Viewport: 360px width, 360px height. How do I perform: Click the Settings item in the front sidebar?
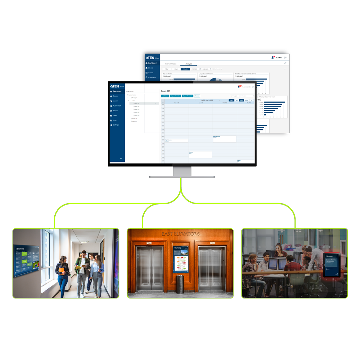(116, 125)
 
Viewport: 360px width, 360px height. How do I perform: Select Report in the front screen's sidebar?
(115, 111)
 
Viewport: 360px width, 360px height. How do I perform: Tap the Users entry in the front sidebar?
(115, 116)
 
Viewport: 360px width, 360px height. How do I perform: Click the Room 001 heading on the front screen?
(166, 91)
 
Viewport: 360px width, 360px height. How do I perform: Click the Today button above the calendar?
(231, 100)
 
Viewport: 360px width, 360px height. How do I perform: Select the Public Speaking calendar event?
(224, 139)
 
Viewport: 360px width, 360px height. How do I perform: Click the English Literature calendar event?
(176, 141)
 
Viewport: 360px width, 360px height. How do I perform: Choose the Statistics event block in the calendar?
(200, 154)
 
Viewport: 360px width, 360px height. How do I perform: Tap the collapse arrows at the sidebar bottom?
(121, 158)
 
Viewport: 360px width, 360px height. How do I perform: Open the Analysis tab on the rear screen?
(189, 64)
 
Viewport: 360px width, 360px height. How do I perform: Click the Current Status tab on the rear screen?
(171, 64)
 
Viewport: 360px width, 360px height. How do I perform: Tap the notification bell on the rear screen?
(272, 58)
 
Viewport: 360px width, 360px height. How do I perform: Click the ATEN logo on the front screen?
(115, 86)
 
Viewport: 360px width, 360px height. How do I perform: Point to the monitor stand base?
(182, 176)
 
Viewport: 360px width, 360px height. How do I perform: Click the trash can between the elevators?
(180, 284)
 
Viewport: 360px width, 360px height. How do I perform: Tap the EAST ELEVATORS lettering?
(180, 234)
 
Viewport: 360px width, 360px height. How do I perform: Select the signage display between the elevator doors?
(181, 259)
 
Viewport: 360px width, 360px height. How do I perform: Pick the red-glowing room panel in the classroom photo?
(331, 265)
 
